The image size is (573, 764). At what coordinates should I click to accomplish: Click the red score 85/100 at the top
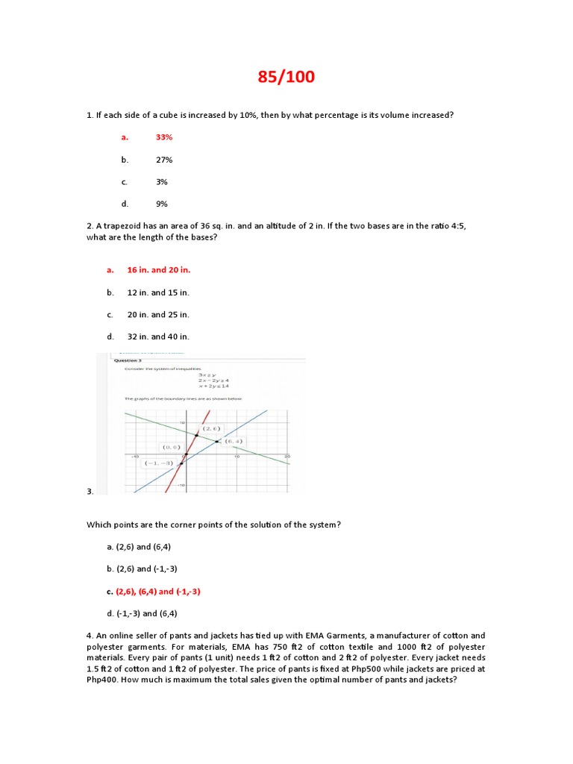click(286, 76)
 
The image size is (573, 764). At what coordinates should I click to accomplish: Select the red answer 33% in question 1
click(164, 137)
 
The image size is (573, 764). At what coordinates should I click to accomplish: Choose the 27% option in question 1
click(164, 160)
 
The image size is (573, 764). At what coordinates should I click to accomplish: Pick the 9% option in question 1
click(162, 204)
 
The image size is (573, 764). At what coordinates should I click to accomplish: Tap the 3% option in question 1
click(162, 182)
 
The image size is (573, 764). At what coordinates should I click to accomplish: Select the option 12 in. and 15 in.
click(158, 292)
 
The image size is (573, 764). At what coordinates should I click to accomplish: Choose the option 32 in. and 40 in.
click(158, 336)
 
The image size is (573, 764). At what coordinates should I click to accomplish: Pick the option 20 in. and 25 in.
click(158, 315)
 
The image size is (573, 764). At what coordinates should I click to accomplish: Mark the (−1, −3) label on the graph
click(158, 463)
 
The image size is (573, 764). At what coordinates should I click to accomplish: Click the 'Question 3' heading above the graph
click(128, 360)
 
